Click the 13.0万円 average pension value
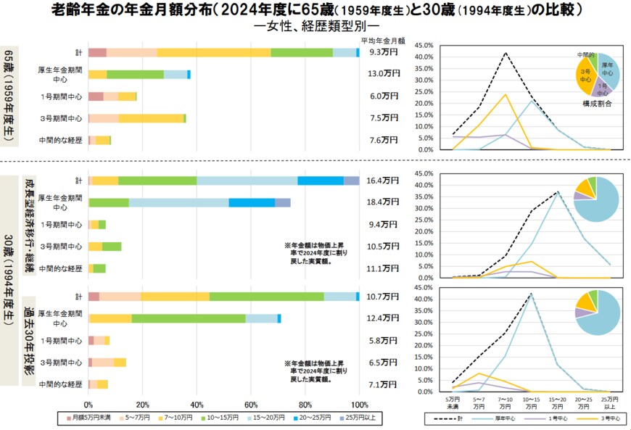coord(384,74)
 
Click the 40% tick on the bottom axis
coord(197,405)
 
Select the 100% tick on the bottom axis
coord(359,405)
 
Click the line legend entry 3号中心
coord(601,419)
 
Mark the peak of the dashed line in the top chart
coord(506,52)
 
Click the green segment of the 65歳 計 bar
coord(302,52)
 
